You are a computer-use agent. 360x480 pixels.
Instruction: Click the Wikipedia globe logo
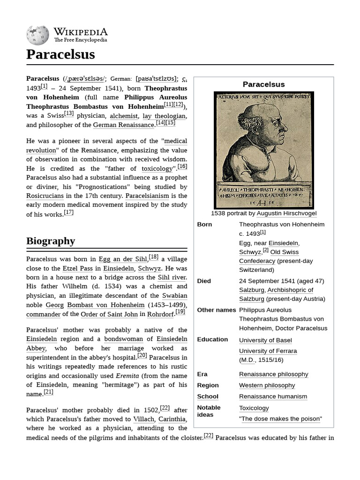coord(37,35)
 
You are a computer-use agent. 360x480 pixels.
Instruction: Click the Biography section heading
coord(51,241)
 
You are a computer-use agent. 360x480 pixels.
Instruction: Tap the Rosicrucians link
coord(45,196)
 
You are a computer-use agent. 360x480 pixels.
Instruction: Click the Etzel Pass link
coord(77,269)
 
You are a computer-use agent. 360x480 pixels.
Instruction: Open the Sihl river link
coord(172,277)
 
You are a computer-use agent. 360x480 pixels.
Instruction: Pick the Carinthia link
coord(172,419)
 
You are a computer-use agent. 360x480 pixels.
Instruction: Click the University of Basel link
coord(265,340)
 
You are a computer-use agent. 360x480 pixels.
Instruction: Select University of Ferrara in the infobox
coord(268,351)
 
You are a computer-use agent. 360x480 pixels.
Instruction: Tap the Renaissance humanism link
coord(273,397)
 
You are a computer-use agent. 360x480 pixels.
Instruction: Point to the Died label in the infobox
coord(204,281)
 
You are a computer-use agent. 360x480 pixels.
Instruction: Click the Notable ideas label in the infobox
coord(209,411)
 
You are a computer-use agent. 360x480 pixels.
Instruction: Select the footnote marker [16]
coord(182,166)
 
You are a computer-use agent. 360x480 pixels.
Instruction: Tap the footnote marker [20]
coord(142,355)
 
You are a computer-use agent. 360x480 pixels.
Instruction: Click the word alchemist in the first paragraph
coord(124,116)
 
